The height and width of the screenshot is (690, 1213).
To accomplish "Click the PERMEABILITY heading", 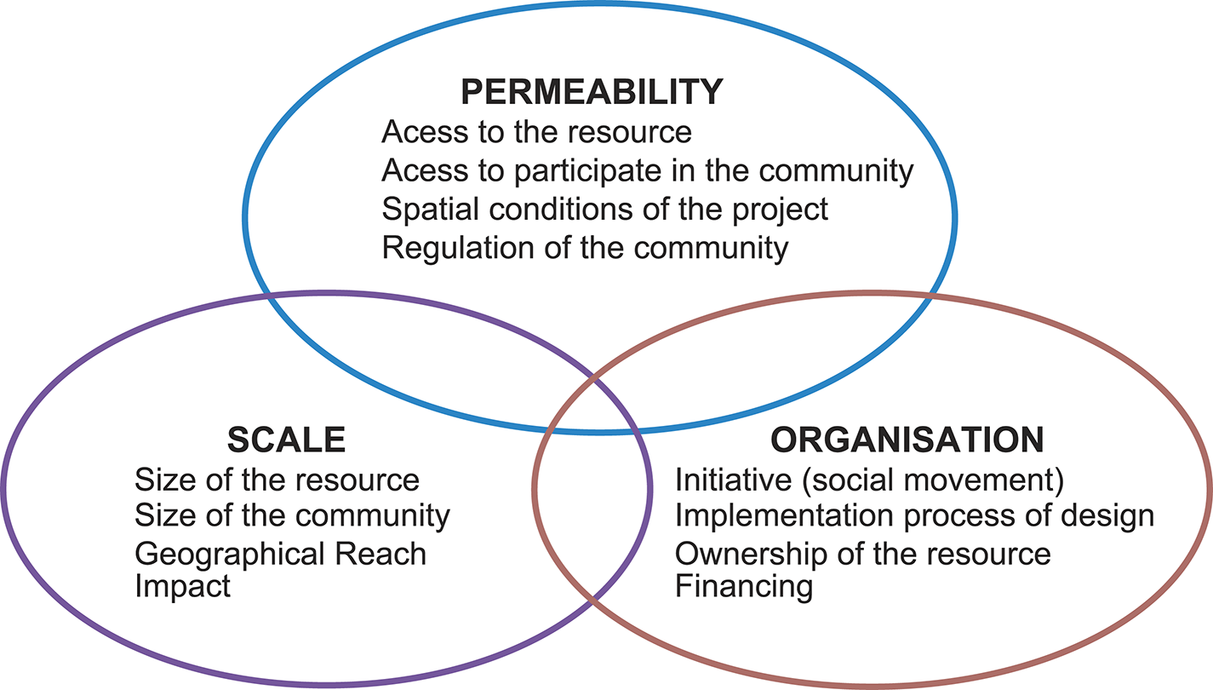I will pos(592,92).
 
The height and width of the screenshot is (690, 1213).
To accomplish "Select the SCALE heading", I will pos(286,440).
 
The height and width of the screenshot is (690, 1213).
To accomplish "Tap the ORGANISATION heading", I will pos(907,440).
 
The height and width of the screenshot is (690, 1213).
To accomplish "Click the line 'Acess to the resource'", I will pos(536,133).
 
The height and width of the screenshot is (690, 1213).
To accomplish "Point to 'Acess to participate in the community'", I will pos(647,171).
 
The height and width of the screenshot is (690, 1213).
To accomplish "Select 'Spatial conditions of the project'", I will pos(604,210).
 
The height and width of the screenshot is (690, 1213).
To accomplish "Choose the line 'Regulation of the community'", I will pos(585,249).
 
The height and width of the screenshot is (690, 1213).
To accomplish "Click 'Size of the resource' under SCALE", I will pos(277,480).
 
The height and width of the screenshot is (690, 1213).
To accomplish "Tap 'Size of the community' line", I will pos(292,516).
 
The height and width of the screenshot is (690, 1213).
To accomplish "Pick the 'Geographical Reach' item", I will pos(280,554).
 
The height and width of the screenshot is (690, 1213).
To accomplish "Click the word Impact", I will pos(182,587).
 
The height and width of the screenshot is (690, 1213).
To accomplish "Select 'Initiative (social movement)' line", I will pos(869,480).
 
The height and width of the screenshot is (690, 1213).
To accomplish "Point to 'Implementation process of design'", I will pos(914,516).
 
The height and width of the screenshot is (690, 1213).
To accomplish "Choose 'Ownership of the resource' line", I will pos(862,554).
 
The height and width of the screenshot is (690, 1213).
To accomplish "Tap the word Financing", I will pos(743,587).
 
